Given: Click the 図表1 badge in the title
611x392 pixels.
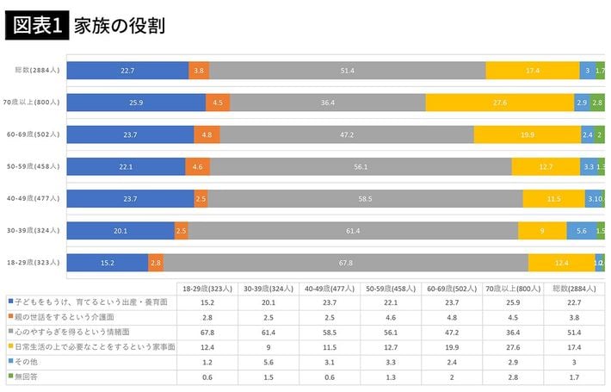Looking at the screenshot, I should point(35,25).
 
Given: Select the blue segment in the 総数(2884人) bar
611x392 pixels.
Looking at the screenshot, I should point(128,71).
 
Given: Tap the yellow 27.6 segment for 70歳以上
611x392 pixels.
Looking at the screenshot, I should point(499,103).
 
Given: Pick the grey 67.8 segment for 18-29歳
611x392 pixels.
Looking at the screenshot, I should point(346,262).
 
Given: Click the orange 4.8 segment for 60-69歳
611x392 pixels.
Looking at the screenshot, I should point(207,134).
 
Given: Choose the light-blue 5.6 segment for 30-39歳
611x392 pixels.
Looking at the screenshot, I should point(581,230).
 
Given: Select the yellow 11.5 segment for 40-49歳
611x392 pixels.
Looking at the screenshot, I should point(553,198).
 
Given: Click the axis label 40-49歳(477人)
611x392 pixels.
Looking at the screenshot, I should point(33,198).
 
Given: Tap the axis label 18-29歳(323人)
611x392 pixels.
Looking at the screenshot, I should point(33,262).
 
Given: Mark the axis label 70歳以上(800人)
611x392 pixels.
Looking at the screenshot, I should point(33,103).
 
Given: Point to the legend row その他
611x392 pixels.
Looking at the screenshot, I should point(26,361).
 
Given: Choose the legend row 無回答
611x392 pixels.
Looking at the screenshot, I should point(26,376).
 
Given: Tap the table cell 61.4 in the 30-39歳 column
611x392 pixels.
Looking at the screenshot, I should point(269,332).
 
